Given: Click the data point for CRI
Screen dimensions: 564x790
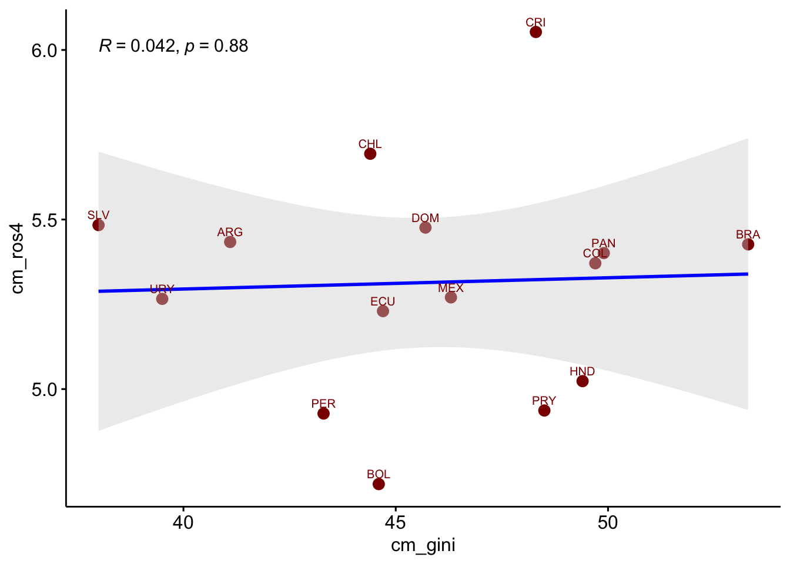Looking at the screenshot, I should (535, 32).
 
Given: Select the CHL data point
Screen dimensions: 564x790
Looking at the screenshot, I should (370, 154).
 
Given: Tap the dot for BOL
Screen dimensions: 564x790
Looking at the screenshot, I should (379, 484).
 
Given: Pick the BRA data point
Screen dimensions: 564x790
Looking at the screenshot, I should (748, 244).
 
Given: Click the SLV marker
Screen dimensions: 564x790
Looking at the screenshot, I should (99, 225).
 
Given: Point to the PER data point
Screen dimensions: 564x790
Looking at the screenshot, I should (323, 414).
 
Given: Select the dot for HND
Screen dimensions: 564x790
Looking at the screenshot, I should (583, 381).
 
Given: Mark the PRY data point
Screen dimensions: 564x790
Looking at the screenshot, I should (544, 411).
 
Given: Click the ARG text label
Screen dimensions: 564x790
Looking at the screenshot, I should (230, 232).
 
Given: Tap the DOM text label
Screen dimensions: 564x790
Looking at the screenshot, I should (426, 218).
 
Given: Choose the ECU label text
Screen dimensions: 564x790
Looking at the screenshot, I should (383, 301).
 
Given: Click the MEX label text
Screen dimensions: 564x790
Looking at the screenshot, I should (451, 288).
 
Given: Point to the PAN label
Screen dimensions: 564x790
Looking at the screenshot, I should (604, 243).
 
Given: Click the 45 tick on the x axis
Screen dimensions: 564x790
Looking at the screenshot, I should (396, 522).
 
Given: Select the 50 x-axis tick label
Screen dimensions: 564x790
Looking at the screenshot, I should (608, 522).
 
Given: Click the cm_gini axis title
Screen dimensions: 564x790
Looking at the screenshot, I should (423, 546).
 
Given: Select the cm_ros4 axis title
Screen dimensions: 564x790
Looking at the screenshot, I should (18, 258).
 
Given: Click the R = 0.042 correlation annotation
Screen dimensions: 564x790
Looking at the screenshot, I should (173, 46).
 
